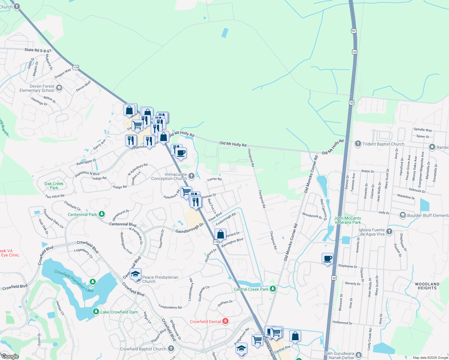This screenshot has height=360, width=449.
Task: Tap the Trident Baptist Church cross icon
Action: (x=358, y=144)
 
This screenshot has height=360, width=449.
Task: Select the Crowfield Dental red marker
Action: (x=225, y=321)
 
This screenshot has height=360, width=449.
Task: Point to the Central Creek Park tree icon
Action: (x=273, y=289)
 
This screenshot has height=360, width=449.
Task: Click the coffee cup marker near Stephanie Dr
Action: (x=328, y=259)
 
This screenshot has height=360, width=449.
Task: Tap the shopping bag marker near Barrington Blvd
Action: (x=220, y=234)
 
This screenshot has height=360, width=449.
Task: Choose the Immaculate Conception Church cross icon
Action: (x=191, y=176)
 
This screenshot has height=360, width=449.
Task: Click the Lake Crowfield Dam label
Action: (x=119, y=312)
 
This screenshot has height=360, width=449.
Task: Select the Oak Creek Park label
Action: (x=54, y=186)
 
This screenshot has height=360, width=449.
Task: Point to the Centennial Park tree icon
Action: (x=102, y=214)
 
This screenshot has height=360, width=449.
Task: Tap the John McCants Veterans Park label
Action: (x=348, y=220)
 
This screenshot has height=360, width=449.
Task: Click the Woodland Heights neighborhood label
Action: (x=427, y=286)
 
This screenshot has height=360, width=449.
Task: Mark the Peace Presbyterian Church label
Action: (x=160, y=279)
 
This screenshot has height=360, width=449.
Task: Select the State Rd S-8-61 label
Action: (x=38, y=50)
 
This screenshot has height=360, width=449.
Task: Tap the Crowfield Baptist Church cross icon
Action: (x=171, y=348)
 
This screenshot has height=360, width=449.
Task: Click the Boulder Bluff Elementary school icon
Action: (x=403, y=215)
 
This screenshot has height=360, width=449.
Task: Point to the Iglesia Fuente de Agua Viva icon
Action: (x=389, y=231)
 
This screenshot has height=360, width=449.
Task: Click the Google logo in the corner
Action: (x=10, y=356)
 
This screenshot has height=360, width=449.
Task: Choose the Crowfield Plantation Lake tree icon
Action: (x=93, y=282)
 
